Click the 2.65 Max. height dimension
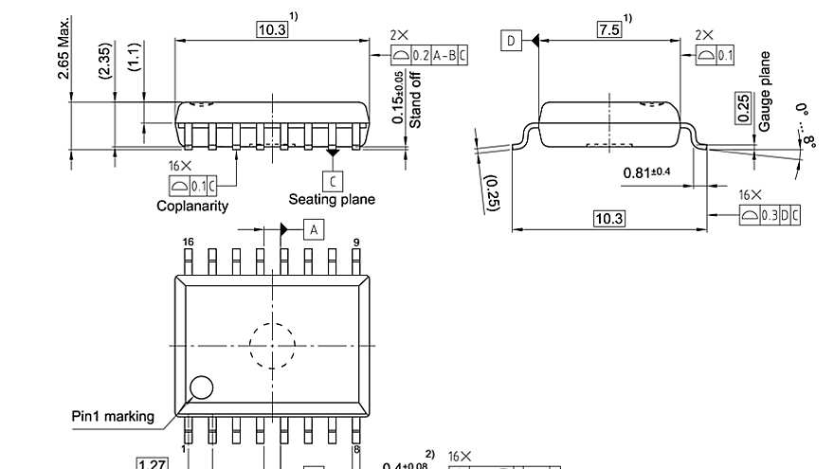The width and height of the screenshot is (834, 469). click(65, 46)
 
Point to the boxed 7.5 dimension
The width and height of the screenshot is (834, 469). click(608, 29)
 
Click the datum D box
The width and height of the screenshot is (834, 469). click(511, 40)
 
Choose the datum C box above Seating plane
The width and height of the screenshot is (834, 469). click(332, 179)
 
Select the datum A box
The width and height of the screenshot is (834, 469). click(315, 228)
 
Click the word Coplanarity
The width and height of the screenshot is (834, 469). click(192, 205)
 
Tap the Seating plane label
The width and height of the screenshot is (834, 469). click(332, 199)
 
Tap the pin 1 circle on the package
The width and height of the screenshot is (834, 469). click(201, 387)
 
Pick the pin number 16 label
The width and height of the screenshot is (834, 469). click(188, 243)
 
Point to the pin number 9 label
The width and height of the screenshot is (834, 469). click(355, 243)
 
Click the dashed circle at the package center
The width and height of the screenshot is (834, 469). click(273, 346)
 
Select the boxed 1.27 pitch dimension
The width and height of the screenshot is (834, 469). click(153, 464)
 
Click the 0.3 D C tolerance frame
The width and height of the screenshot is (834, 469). click(770, 215)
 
